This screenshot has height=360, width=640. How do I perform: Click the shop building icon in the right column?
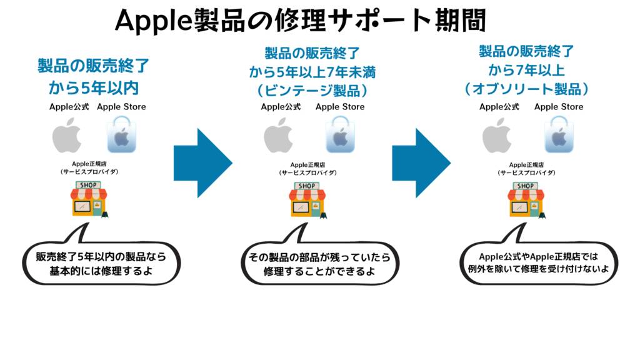click(x=526, y=199)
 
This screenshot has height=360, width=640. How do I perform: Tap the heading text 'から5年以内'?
click(x=94, y=86)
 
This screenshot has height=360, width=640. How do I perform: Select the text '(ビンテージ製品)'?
click(x=312, y=90)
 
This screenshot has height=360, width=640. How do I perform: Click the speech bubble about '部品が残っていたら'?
click(x=320, y=263)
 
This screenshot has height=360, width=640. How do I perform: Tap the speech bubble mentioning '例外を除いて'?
click(x=538, y=262)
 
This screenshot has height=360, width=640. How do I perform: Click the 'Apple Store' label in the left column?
click(x=121, y=107)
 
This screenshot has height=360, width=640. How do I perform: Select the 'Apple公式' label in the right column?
click(x=499, y=107)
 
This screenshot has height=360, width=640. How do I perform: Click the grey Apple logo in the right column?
click(x=498, y=137)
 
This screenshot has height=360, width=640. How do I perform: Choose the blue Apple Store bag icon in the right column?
click(x=559, y=137)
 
